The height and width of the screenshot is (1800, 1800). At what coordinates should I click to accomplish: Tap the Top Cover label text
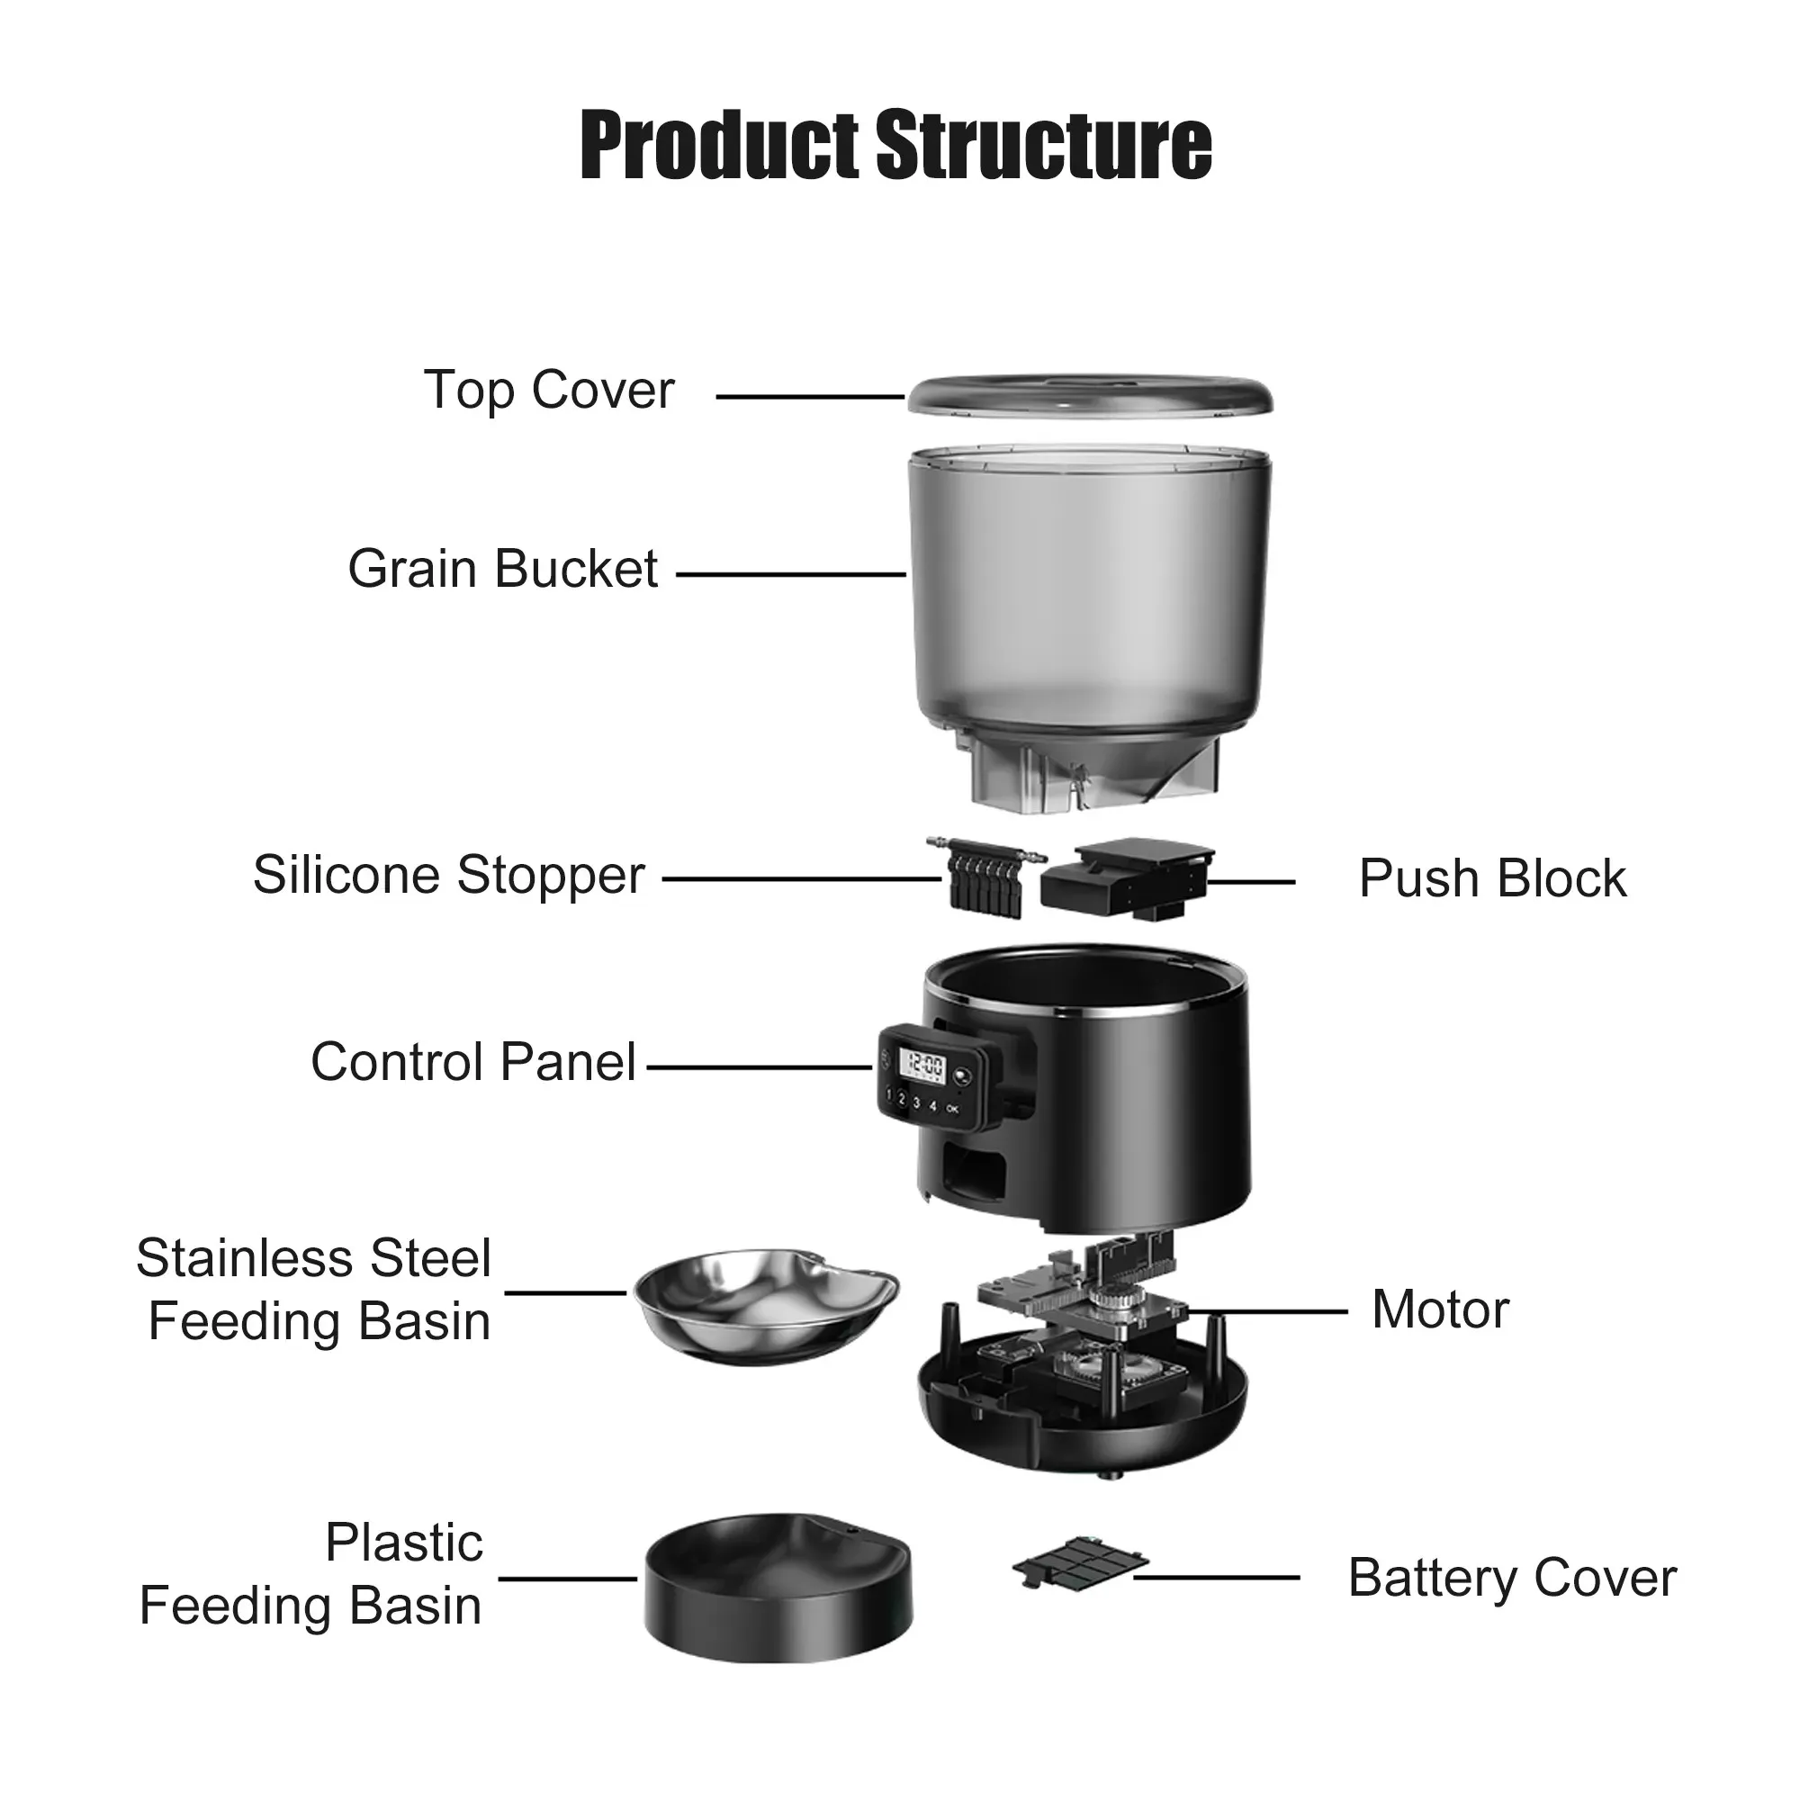click(548, 390)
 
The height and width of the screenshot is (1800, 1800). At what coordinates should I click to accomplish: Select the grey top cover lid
click(1090, 397)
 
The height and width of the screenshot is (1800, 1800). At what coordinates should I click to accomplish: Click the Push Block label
click(1491, 878)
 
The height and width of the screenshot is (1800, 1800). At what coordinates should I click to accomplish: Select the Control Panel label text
click(473, 1062)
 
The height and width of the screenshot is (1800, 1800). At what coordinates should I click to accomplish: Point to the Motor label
click(1439, 1309)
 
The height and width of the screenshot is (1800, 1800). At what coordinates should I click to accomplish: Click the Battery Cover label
click(1511, 1579)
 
